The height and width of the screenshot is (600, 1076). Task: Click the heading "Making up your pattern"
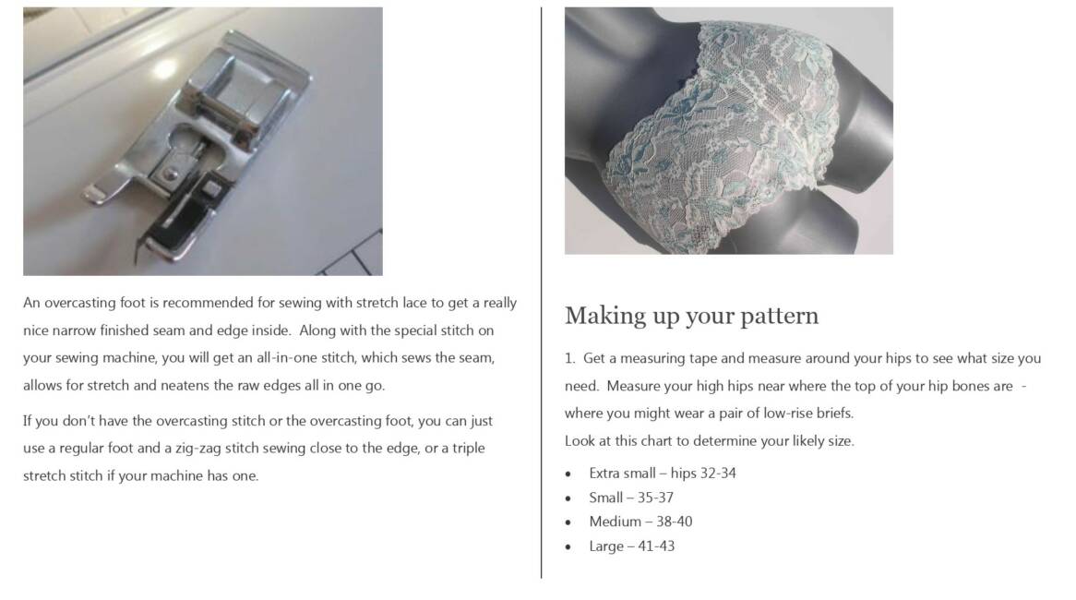(692, 316)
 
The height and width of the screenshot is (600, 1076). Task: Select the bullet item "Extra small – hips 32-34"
(663, 473)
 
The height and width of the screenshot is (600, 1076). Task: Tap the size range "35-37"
(655, 498)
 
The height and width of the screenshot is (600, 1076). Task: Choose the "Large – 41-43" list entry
(631, 546)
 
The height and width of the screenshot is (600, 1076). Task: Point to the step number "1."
(569, 358)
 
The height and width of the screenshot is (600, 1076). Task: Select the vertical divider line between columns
(542, 293)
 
